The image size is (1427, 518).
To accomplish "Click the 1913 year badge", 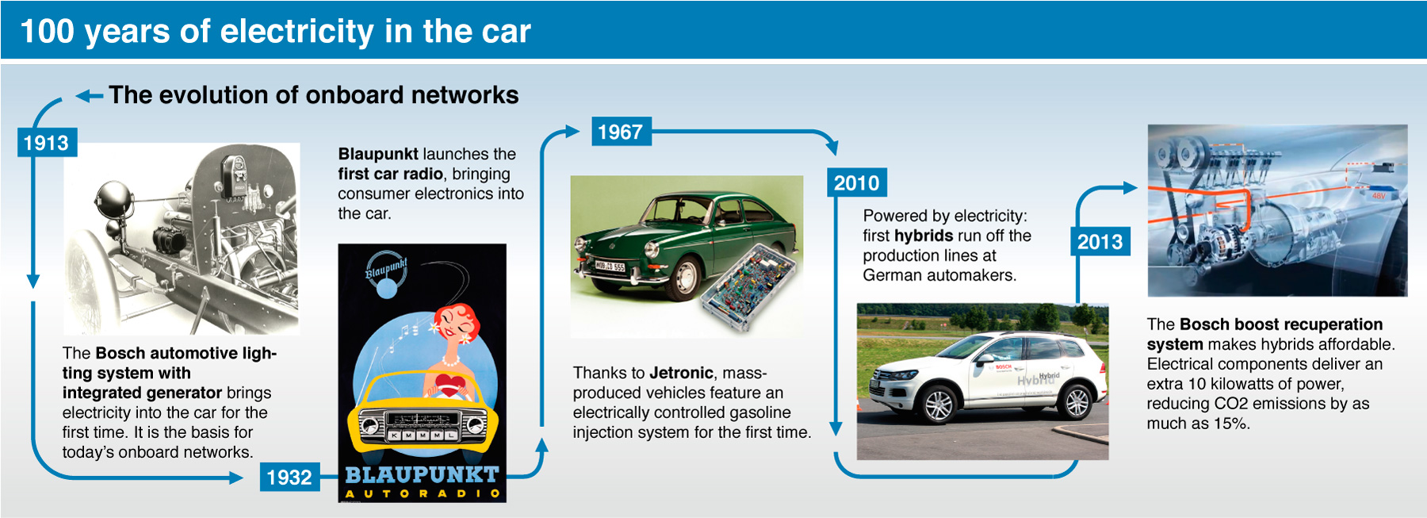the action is click(47, 143).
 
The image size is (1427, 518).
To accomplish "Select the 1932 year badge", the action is click(289, 478).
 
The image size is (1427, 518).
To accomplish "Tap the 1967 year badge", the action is click(621, 132).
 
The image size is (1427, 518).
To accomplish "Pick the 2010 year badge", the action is click(857, 183).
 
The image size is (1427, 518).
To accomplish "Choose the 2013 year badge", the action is click(1100, 242).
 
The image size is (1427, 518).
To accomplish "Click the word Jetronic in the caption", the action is click(681, 373).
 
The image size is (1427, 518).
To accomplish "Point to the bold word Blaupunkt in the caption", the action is click(378, 154).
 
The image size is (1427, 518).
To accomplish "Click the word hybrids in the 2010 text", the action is click(924, 236).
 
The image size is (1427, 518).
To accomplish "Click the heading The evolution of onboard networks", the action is click(314, 95).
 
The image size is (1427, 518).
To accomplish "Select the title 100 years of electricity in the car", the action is click(275, 32).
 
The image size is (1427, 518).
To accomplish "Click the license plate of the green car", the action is click(610, 267).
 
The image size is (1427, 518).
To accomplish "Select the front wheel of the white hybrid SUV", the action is click(939, 405).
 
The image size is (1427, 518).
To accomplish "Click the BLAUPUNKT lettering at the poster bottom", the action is click(422, 474).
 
